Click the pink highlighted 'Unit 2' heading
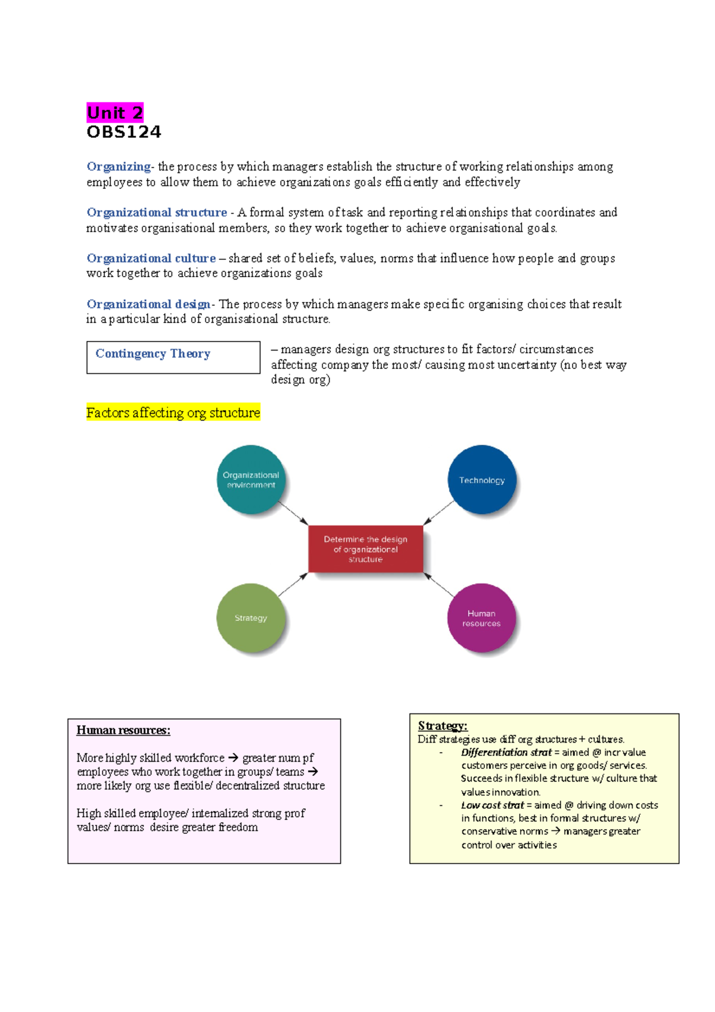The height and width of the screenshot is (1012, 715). coord(115,113)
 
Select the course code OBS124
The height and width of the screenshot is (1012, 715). coord(124,132)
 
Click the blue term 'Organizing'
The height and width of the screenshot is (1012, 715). coord(119,166)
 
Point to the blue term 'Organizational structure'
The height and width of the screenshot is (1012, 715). coord(157,212)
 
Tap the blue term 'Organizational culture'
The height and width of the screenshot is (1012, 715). coord(151,258)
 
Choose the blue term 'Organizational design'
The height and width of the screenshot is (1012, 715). coord(148,304)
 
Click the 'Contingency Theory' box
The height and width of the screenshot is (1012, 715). coord(173,357)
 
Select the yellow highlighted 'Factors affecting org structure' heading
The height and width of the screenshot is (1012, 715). coord(173,412)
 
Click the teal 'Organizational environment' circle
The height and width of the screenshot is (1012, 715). coord(251,480)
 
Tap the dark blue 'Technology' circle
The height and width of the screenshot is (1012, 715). coord(481,480)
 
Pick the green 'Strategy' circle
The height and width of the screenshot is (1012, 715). coord(251,618)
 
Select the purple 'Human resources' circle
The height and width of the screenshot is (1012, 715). coord(481,618)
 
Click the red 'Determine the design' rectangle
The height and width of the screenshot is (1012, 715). coord(366,549)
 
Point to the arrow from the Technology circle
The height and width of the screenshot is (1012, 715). coord(439,513)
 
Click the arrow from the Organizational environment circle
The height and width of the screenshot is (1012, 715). coord(293,513)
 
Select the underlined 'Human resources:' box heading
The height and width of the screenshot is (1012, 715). coord(123,731)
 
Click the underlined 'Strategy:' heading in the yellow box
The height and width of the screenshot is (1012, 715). coord(443,726)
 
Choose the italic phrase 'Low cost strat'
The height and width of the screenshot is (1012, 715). coord(492,805)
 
